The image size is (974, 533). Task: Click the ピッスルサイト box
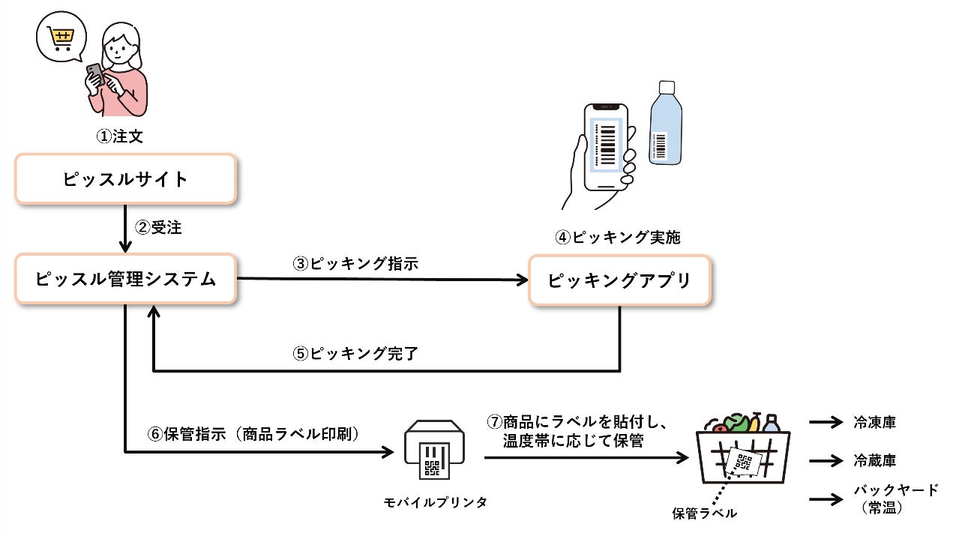point(126,179)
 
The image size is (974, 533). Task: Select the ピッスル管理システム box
point(126,280)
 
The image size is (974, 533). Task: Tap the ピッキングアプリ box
point(619,280)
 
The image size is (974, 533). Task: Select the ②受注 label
point(158,228)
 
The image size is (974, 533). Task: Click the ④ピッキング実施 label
point(619,238)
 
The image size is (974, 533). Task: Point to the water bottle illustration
point(664,124)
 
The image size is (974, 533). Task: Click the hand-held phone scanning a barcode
point(604,150)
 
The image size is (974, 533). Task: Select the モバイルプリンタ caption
point(435,502)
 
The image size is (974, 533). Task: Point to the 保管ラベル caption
point(704,514)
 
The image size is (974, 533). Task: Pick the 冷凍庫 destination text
point(874,423)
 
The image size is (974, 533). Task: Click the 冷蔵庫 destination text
point(874,460)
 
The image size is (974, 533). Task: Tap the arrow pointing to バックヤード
point(827,497)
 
